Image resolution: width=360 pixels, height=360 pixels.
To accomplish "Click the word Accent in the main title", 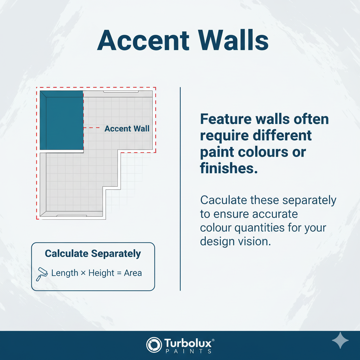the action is coord(143,40).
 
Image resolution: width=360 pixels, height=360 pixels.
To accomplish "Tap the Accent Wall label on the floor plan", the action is coord(127,129).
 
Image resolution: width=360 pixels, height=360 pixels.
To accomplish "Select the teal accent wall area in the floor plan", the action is coord(62,120).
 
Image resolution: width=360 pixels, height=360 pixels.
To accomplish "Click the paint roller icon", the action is coord(42,274).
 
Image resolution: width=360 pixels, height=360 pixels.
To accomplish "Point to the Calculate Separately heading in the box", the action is coord(93,254).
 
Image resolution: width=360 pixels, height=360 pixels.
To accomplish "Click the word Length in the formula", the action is coord(65,273).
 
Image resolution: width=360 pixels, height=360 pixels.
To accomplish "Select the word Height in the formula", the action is coord(101,273).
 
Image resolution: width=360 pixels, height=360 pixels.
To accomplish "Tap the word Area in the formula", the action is coord(133,273).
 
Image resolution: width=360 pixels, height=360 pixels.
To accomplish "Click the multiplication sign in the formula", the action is coord(83,273).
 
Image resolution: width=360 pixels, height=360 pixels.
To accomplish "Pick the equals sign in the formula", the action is coord(119,273).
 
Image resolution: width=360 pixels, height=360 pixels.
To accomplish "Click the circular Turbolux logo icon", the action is coord(154,345).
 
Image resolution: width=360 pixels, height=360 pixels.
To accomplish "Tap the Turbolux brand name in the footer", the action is coord(189,343).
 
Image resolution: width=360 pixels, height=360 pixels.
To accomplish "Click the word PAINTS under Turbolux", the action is coord(188,351).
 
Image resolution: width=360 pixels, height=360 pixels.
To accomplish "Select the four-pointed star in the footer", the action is coord(340,340).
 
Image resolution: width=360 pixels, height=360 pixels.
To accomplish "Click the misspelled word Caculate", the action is coord(223,200).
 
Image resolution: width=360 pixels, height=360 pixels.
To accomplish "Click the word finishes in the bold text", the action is coord(229,168).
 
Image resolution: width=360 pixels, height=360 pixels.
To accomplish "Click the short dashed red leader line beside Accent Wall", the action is coord(91,127).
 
